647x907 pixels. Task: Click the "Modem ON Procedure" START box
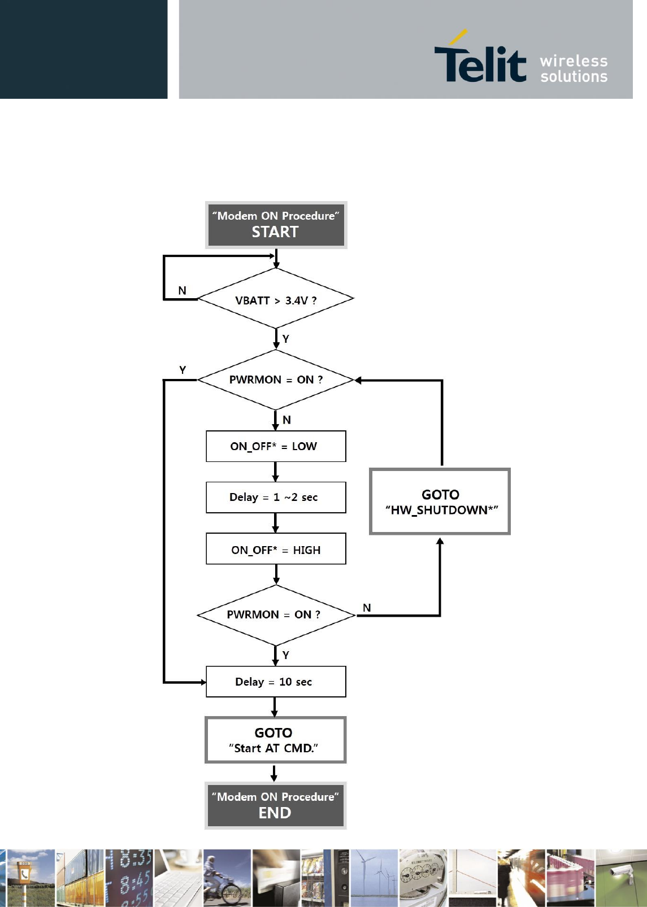pos(276,225)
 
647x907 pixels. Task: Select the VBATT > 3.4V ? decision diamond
pos(276,298)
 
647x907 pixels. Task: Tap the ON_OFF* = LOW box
pos(276,446)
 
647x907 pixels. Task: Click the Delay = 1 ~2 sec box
pos(276,497)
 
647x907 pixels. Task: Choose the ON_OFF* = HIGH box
pos(276,548)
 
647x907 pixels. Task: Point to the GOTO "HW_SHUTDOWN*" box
pos(440,502)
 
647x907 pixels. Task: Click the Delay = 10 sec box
pos(276,682)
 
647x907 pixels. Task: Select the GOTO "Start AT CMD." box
pos(276,740)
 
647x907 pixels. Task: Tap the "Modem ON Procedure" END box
pos(276,805)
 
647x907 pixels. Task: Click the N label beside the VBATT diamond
pos(183,290)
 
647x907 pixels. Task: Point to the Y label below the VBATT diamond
pos(285,338)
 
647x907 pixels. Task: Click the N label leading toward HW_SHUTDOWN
pos(367,608)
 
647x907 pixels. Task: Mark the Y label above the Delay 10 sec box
pos(285,655)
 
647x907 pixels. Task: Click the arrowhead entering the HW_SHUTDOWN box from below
pos(440,541)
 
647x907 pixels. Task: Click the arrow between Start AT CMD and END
pos(274,773)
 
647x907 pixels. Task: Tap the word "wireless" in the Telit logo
pos(574,61)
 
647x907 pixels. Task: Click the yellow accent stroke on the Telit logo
pos(458,37)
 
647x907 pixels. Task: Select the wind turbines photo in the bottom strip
pos(374,878)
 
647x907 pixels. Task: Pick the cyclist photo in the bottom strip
pos(227,878)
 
